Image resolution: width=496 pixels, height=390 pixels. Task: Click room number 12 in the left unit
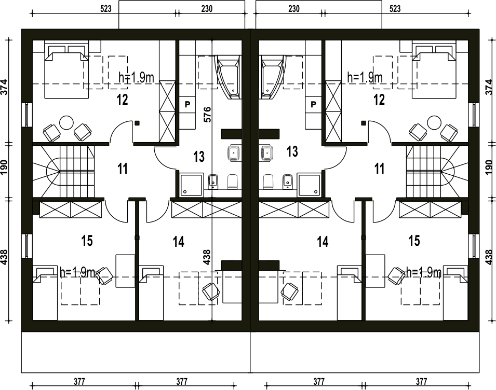pos(123,100)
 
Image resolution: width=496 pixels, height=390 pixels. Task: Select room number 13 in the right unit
pos(292,151)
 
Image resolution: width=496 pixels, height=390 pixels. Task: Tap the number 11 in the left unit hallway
pos(123,169)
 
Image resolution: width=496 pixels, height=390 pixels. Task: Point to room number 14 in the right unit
pos(323,242)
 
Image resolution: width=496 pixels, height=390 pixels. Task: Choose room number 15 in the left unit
pos(87,241)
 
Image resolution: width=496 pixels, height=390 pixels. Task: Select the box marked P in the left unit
pos(187,104)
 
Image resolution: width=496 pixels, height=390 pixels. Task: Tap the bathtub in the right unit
pos(272,77)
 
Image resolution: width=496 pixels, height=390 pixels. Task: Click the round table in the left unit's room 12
pos(67,122)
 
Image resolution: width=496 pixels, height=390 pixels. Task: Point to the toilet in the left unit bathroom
pos(233,182)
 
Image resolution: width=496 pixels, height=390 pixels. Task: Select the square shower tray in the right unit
pos(309,184)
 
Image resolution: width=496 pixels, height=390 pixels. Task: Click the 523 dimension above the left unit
pos(106,8)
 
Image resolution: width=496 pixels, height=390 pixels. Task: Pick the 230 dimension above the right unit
pos(294,8)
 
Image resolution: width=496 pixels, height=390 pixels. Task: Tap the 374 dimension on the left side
pos(4,87)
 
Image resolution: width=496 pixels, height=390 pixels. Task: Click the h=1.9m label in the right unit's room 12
pos(365,77)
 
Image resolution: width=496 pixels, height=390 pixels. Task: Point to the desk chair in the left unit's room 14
pos(211,291)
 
